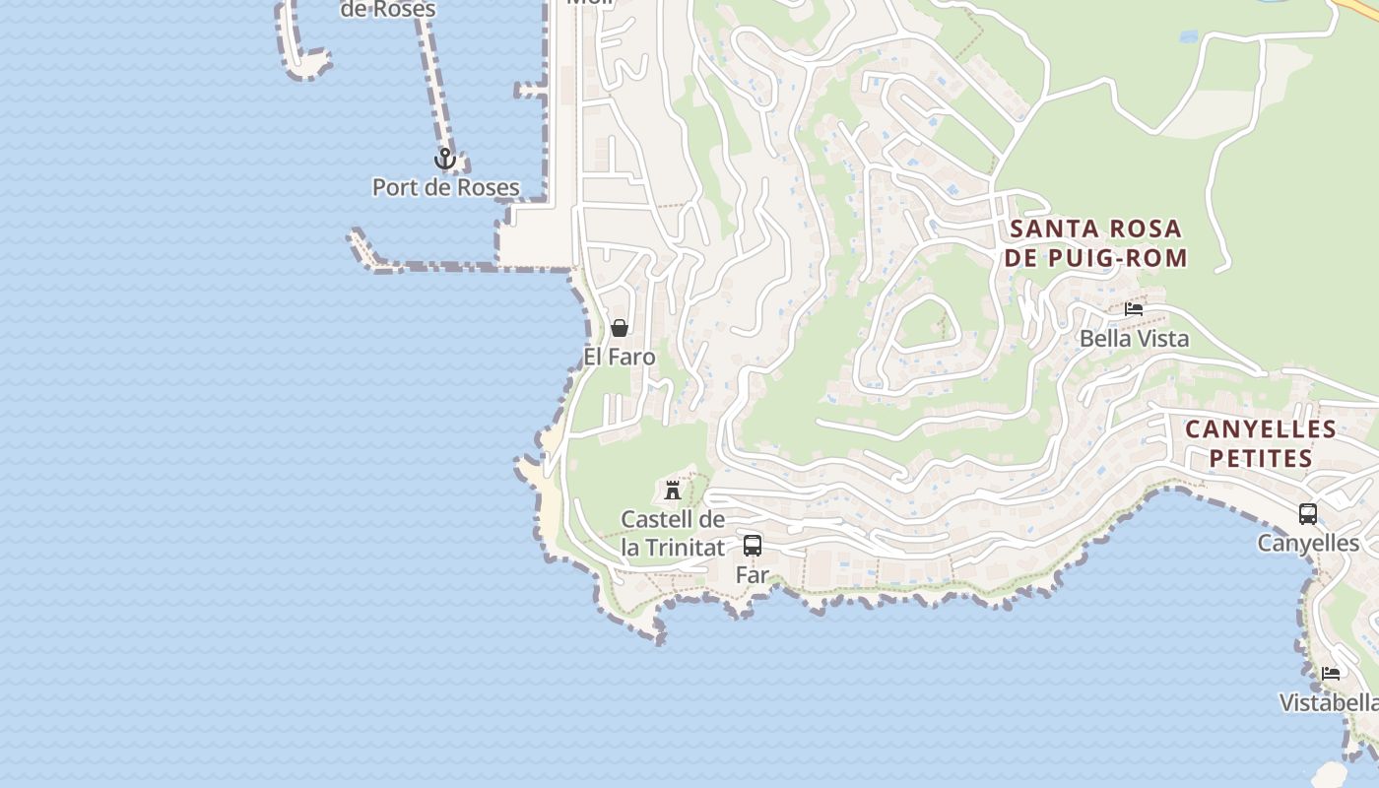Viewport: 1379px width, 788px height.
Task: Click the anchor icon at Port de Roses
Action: click(445, 159)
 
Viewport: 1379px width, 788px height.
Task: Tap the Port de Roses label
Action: click(445, 187)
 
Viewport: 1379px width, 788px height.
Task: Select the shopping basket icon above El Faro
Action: click(620, 328)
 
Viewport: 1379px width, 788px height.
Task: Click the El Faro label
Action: click(620, 357)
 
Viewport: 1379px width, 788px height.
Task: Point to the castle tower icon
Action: click(673, 490)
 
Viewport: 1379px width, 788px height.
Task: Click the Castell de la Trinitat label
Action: click(673, 533)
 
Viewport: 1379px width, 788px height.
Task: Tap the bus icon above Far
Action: click(753, 545)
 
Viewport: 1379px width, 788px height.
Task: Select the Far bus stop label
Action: click(753, 574)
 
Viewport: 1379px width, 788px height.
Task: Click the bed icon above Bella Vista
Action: click(1134, 309)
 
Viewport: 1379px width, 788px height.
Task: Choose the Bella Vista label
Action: click(1134, 339)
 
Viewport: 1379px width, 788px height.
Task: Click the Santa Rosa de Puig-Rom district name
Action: click(1097, 243)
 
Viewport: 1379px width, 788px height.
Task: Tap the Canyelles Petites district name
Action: click(1261, 443)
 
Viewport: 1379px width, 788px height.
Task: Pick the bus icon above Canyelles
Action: click(1308, 514)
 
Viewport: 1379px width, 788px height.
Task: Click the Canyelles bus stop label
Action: click(1308, 543)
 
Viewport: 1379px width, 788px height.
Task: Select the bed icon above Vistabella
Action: click(1332, 674)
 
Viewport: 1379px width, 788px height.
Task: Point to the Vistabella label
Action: click(1329, 702)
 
